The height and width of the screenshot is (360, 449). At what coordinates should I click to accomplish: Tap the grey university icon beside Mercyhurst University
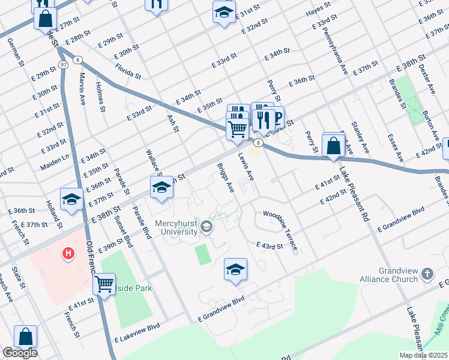(x=206, y=226)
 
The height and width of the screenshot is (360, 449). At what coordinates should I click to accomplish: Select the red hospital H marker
(x=68, y=254)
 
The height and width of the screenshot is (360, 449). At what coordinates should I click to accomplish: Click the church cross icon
(x=427, y=274)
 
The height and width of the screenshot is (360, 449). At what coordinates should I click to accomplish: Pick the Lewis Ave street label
(x=246, y=166)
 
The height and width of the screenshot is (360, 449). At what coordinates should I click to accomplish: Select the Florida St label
(x=128, y=71)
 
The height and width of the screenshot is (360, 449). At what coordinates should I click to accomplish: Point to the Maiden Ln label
(x=55, y=161)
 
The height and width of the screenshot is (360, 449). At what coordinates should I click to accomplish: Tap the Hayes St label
(x=318, y=8)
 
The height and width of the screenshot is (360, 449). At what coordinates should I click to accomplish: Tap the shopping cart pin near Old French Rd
(x=104, y=284)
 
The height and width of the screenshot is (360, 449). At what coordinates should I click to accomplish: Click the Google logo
(x=19, y=353)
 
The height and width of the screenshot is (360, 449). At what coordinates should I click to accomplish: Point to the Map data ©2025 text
(x=423, y=355)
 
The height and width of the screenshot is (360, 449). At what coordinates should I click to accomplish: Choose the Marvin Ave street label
(x=82, y=89)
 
